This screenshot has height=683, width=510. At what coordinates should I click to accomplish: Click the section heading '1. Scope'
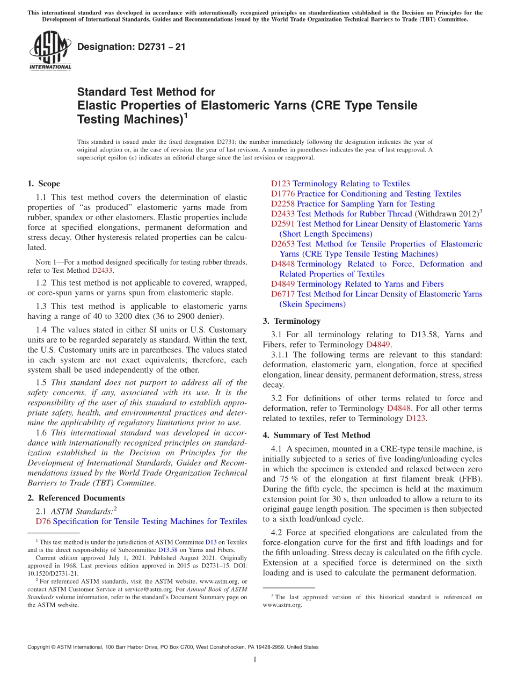(43, 184)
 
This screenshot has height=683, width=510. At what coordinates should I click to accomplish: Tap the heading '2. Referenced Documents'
(76, 498)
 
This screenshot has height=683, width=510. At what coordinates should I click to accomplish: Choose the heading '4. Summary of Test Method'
(316, 435)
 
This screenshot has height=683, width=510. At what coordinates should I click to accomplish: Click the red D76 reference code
(43, 521)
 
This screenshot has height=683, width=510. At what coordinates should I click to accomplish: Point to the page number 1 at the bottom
(255, 659)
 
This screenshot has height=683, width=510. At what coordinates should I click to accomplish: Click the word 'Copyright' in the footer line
(39, 647)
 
